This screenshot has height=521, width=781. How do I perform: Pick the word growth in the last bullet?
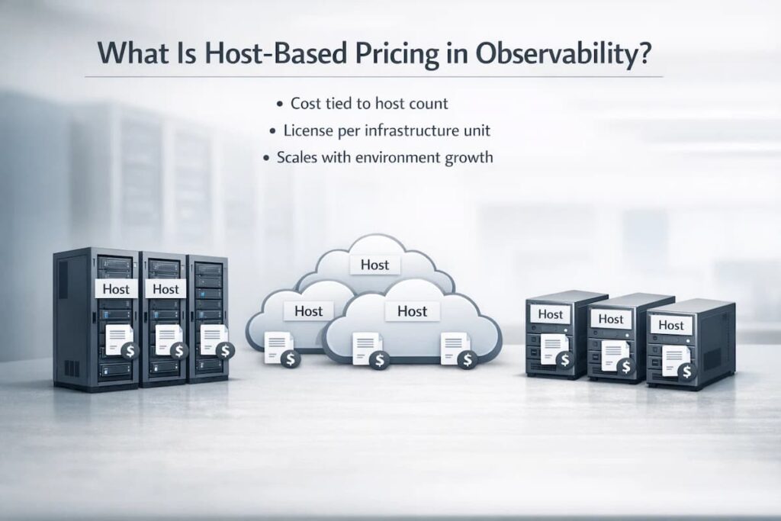click(x=466, y=158)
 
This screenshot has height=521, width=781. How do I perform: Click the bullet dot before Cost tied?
click(x=282, y=103)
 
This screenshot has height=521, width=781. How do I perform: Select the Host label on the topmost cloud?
click(x=374, y=265)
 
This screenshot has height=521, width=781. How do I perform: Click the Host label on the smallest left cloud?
click(x=308, y=310)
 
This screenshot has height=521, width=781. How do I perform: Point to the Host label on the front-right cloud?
click(x=412, y=310)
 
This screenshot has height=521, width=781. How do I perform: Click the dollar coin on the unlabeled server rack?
click(x=225, y=349)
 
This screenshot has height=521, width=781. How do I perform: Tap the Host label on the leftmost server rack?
click(x=117, y=288)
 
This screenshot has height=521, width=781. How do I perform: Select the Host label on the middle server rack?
click(x=165, y=288)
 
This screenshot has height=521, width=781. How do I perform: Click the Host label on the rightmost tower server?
click(x=671, y=325)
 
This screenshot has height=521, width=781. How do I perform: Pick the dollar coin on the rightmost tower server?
click(x=686, y=371)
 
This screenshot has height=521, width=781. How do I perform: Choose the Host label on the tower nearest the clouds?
click(x=550, y=314)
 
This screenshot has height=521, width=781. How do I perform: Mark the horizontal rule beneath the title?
click(x=374, y=76)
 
